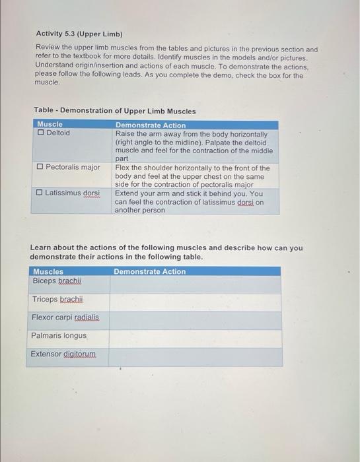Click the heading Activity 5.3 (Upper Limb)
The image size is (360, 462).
tap(79, 33)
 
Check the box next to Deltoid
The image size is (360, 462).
tap(41, 133)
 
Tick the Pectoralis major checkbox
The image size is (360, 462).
tap(40, 168)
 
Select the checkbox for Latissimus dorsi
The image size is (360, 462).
tap(40, 193)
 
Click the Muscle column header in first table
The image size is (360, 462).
tap(50, 125)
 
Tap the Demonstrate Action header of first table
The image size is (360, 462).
tap(151, 125)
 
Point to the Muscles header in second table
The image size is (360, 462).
tap(48, 271)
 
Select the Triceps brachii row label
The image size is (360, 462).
tap(57, 300)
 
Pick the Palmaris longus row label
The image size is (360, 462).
tap(59, 336)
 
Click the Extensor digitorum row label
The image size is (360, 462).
tap(63, 354)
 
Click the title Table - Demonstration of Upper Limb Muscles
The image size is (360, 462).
tap(115, 111)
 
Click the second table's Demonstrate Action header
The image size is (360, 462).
tap(150, 271)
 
